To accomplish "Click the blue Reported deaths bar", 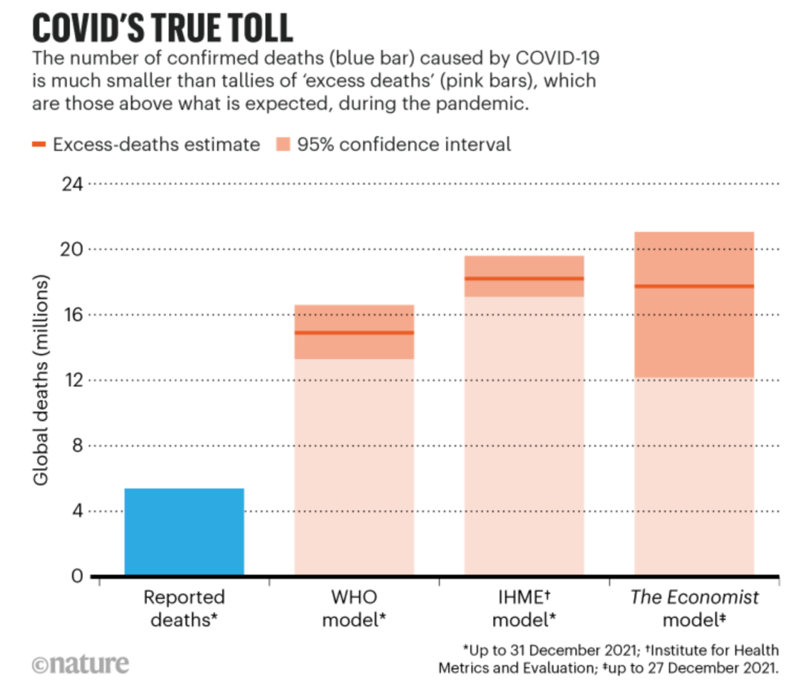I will tap(184, 532).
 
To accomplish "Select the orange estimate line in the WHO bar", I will tap(354, 332).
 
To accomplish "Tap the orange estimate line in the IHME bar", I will tap(523, 279).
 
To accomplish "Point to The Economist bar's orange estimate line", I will tap(694, 286).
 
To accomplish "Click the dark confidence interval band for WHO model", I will tap(354, 346).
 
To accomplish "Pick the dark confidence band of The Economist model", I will tap(694, 335).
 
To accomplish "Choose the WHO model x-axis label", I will tap(354, 608).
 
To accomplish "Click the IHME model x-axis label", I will tap(523, 608).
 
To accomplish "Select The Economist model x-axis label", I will tap(694, 608).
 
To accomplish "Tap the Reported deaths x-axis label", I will tap(184, 608).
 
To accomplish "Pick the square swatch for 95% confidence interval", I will tap(282, 144).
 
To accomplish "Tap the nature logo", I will tap(80, 663).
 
